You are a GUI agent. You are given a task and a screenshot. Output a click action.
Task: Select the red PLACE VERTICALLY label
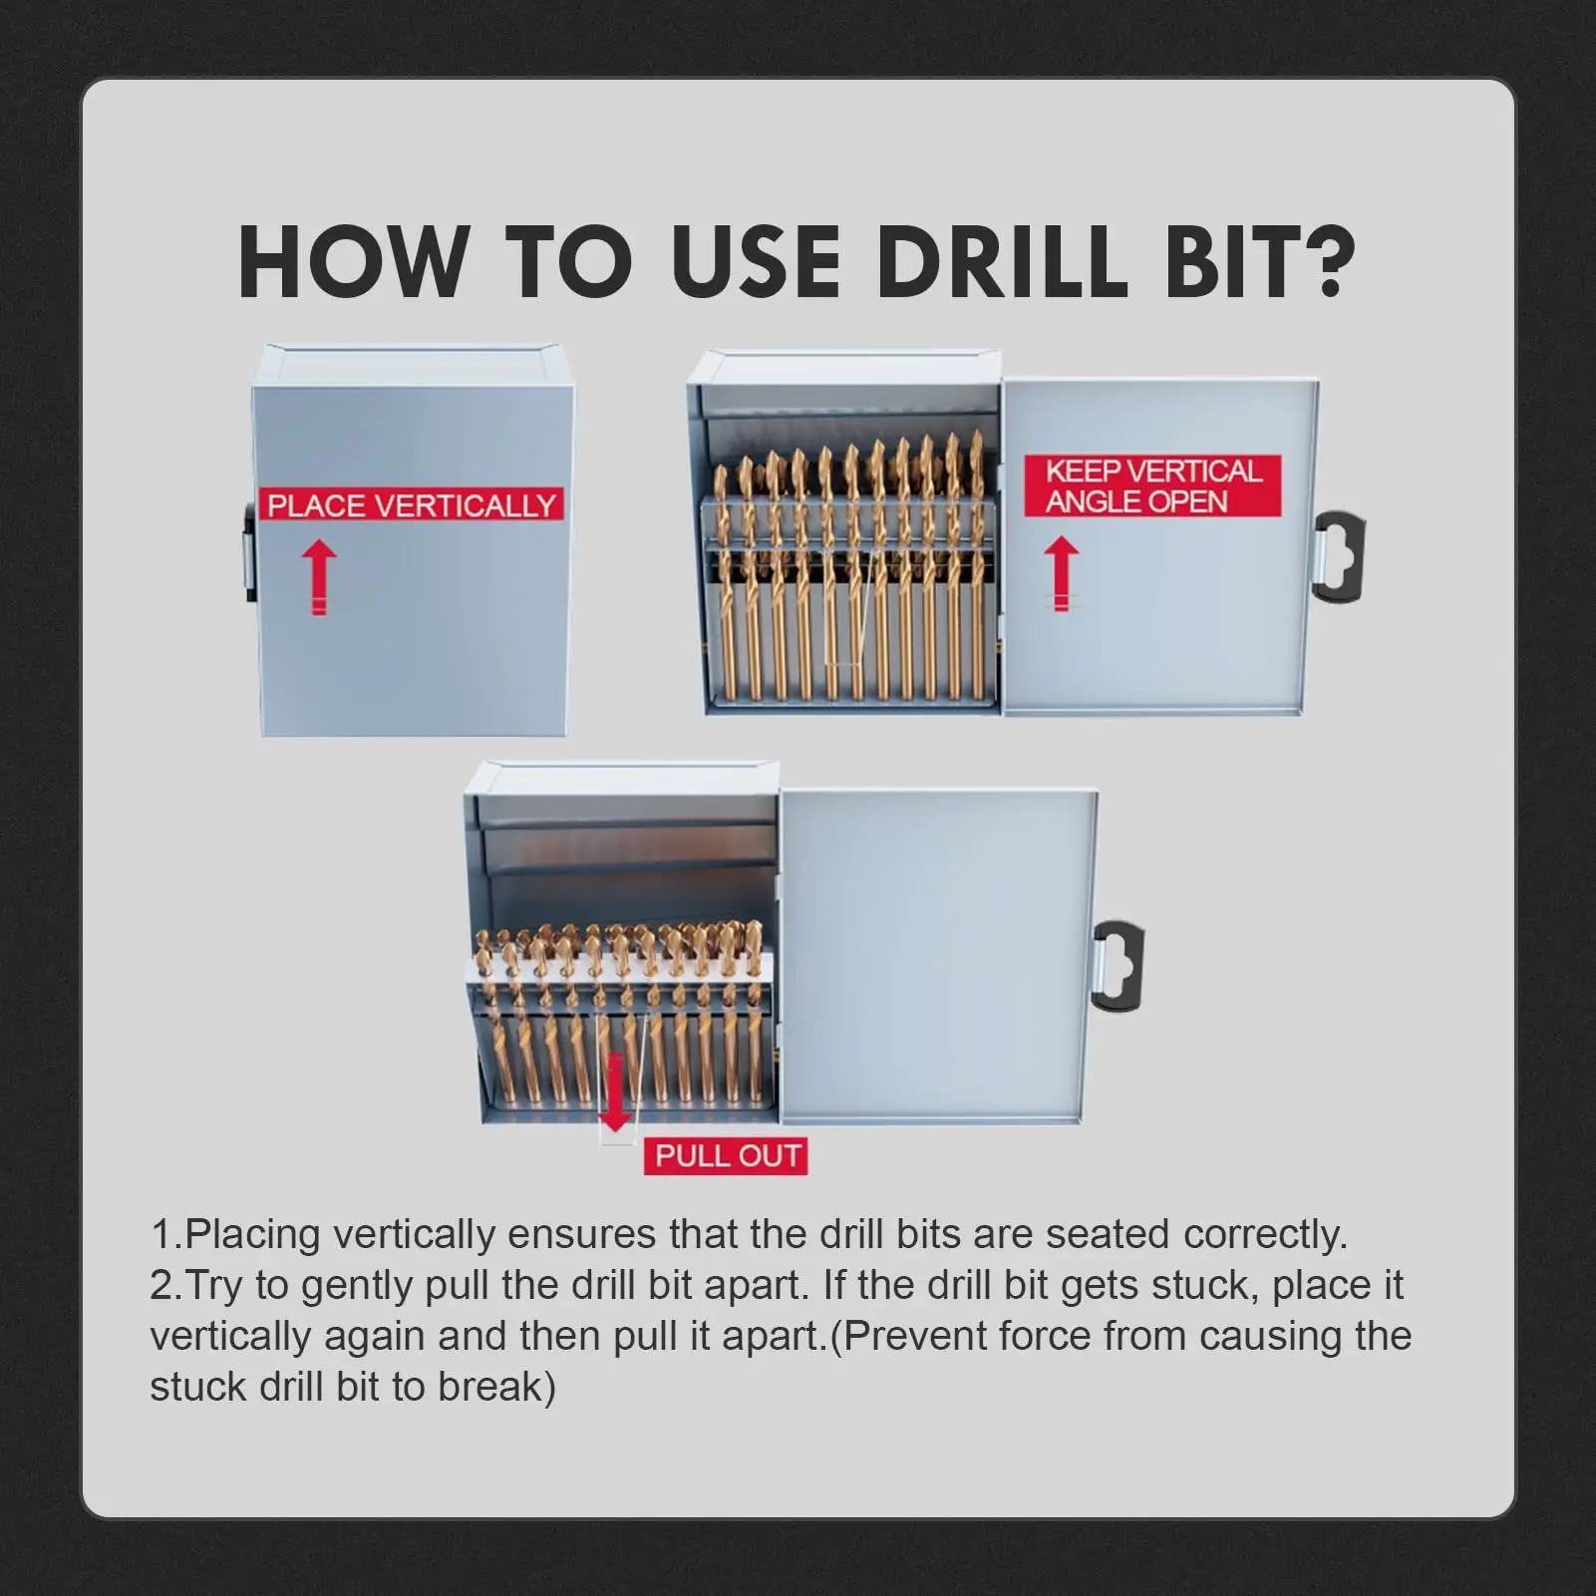pyautogui.click(x=411, y=505)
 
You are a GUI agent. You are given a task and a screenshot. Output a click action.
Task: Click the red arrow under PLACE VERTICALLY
pyautogui.click(x=319, y=577)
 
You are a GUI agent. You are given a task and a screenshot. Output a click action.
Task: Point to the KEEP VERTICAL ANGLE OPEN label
pyautogui.click(x=1153, y=485)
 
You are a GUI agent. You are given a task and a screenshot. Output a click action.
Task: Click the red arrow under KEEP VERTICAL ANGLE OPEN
pyautogui.click(x=1062, y=573)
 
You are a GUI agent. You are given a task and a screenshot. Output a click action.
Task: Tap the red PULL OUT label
pyautogui.click(x=727, y=1155)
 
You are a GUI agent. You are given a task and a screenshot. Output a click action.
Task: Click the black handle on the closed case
pyautogui.click(x=250, y=552)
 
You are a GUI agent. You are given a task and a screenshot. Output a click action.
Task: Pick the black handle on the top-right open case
pyautogui.click(x=1338, y=557)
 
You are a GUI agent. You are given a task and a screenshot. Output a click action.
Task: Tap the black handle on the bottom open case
pyautogui.click(x=1117, y=966)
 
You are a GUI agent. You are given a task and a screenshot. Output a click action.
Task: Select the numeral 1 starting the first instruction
pyautogui.click(x=160, y=1234)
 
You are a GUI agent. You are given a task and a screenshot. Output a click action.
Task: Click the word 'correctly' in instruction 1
pyautogui.click(x=1264, y=1236)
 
